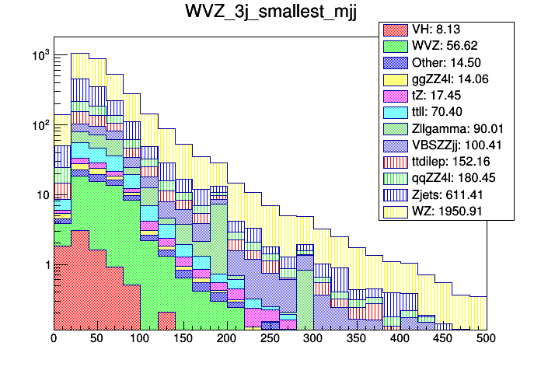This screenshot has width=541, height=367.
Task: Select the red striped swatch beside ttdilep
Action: pyautogui.click(x=396, y=161)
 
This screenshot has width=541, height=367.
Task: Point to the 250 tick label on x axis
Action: pyautogui.click(x=270, y=339)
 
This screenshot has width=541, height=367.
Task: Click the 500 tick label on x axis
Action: pyautogui.click(x=486, y=339)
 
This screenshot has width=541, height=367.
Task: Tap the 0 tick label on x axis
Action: pyautogui.click(x=54, y=339)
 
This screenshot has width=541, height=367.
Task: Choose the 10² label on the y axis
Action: pyautogui.click(x=40, y=124)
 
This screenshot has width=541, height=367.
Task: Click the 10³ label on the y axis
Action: pyautogui.click(x=40, y=54)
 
